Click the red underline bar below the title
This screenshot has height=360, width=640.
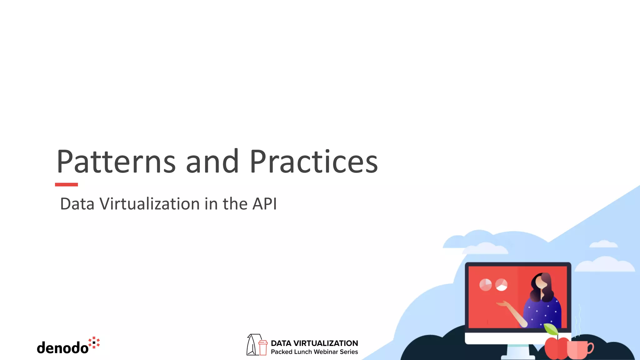(x=66, y=185)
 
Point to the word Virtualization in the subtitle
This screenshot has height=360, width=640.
(x=150, y=204)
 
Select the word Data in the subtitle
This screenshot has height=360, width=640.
(x=77, y=204)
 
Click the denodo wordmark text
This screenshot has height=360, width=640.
(x=63, y=348)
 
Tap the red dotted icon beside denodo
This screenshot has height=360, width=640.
(x=94, y=342)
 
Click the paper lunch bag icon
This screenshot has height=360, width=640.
(x=252, y=345)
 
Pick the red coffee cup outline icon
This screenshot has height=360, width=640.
(x=263, y=347)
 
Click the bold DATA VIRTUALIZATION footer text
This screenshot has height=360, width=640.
(x=314, y=343)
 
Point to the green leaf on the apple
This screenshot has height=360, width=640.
(x=551, y=329)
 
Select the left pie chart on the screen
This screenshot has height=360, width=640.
(x=485, y=285)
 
